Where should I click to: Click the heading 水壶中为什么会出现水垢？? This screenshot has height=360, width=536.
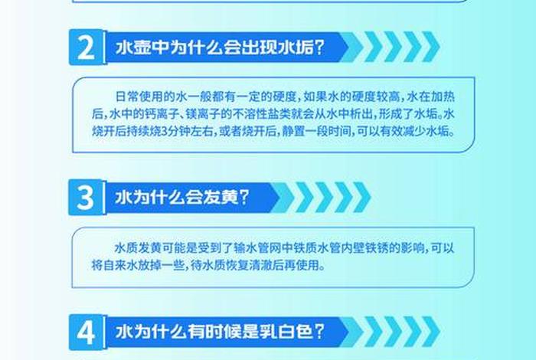coord(219,48)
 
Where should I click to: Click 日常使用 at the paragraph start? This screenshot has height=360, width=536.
coord(133,96)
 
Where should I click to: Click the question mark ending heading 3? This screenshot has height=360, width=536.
coord(243,198)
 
